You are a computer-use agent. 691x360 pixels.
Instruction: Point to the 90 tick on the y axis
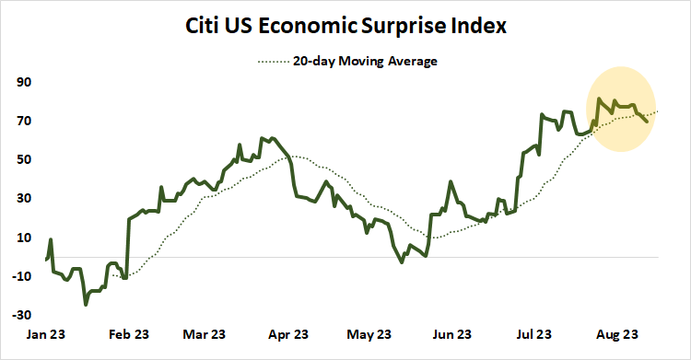[23, 82]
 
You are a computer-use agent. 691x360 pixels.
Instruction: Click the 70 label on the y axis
[23, 121]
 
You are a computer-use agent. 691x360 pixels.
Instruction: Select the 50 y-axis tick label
[23, 159]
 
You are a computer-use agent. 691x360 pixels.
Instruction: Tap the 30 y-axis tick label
[23, 198]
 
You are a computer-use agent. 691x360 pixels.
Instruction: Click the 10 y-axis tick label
[23, 237]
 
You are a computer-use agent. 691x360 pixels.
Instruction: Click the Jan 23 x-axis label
[45, 334]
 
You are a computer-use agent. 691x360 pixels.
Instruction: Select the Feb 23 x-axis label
[125, 334]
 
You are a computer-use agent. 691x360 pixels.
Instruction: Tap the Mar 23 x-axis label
[205, 334]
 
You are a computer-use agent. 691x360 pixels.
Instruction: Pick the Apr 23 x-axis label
[288, 334]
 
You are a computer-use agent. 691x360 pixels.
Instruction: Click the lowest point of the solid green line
[86, 304]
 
